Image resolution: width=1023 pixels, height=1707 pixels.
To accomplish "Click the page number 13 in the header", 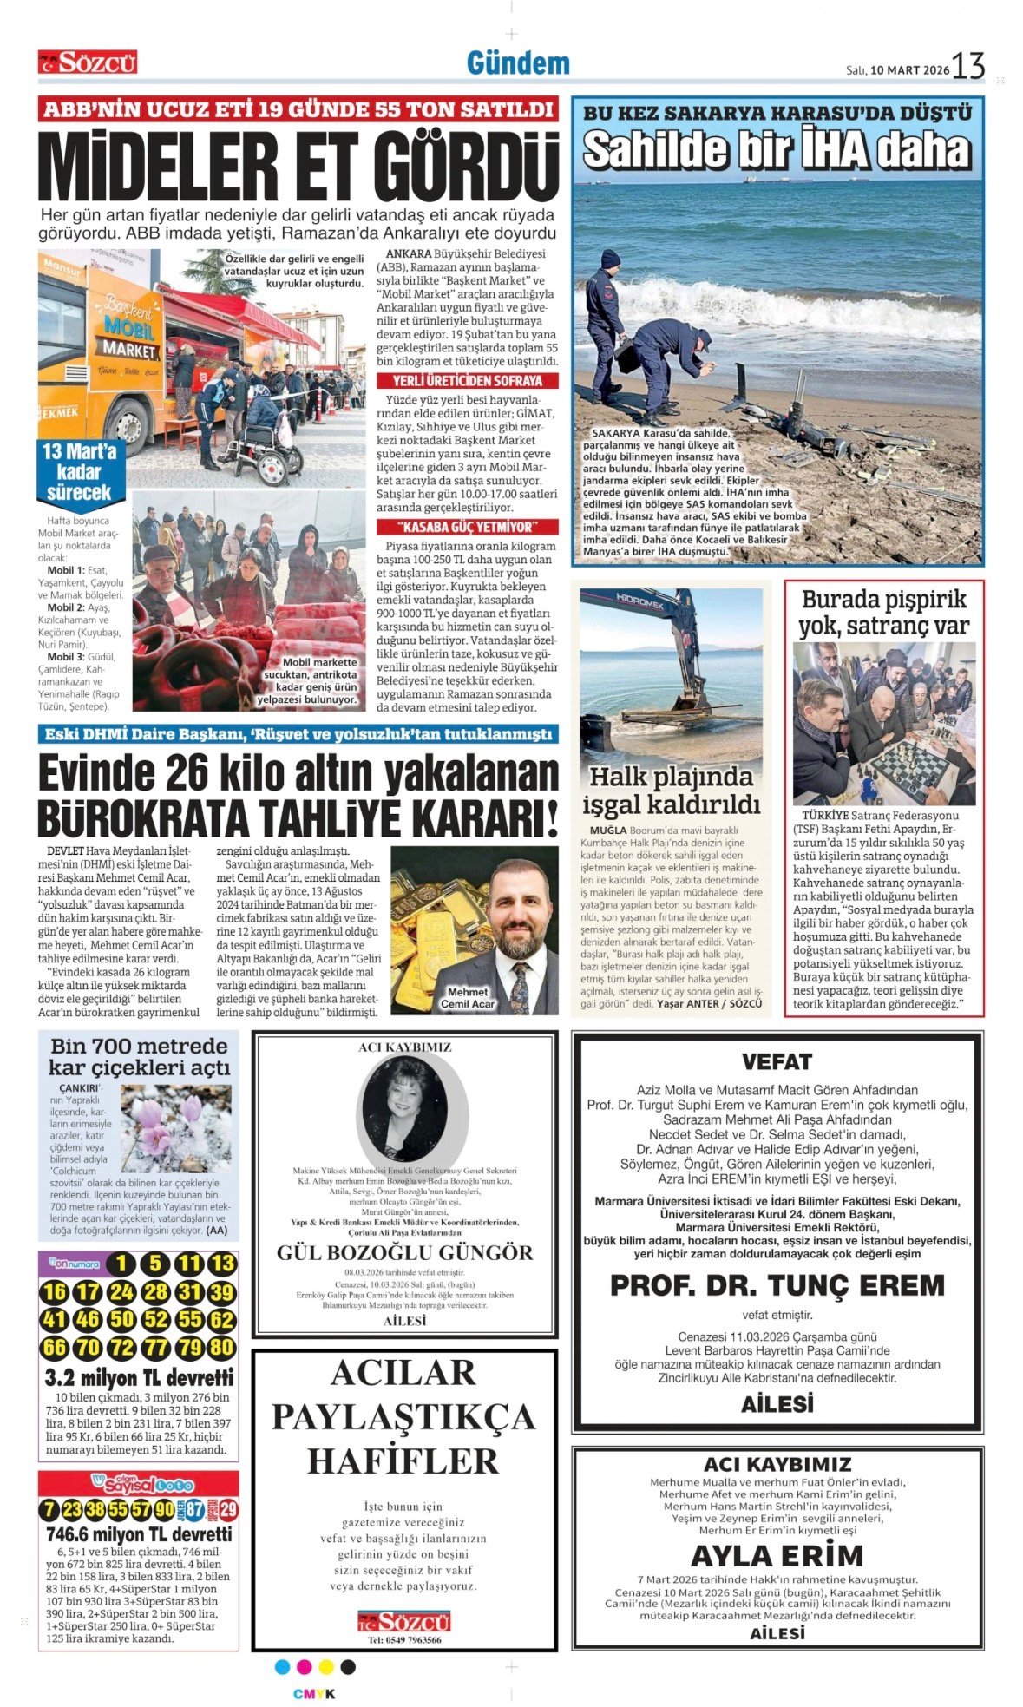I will [x=968, y=66].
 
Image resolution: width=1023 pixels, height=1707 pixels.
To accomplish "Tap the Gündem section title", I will [x=518, y=63].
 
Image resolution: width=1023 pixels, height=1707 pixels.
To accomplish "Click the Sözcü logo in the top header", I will [x=88, y=62].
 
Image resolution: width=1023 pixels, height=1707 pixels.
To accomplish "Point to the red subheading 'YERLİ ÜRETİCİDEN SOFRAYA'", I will [x=468, y=381].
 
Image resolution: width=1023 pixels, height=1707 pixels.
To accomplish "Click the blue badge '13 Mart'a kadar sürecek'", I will [x=79, y=471].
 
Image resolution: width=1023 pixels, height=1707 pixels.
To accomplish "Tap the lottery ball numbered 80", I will [x=222, y=1348].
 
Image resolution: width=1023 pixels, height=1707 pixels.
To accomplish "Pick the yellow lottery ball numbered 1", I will [x=122, y=1264].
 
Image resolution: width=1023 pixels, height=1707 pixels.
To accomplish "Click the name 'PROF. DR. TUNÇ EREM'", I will [x=777, y=1285].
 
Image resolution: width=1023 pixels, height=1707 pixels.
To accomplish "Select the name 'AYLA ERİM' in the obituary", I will [x=777, y=1554].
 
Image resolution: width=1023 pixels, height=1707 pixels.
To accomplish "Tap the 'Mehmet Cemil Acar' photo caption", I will [x=468, y=998].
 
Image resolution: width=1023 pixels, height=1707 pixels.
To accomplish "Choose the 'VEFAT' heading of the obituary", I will [x=777, y=1061].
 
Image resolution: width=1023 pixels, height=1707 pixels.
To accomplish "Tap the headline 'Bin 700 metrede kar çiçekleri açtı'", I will [x=139, y=1056].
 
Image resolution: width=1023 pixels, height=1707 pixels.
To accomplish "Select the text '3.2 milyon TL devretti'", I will [x=139, y=1378].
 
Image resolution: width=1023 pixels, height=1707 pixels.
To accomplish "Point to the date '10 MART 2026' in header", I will [x=910, y=70].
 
